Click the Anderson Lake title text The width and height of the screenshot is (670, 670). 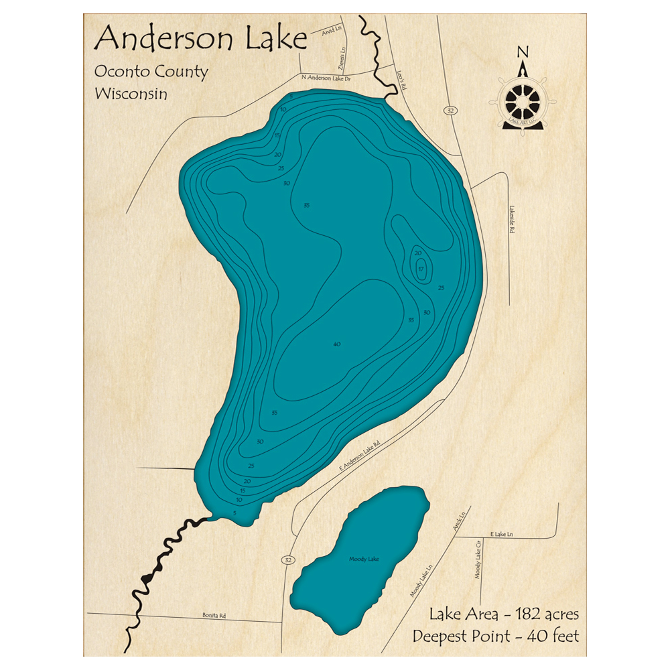pyautogui.click(x=200, y=39)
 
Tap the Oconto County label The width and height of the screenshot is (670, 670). pyautogui.click(x=151, y=72)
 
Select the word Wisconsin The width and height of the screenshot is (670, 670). pyautogui.click(x=131, y=93)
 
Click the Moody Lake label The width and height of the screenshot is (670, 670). pyautogui.click(x=364, y=559)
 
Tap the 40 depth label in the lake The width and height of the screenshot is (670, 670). pyautogui.click(x=336, y=344)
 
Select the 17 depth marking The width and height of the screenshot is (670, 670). pyautogui.click(x=421, y=269)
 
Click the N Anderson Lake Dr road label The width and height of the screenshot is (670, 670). pyautogui.click(x=327, y=78)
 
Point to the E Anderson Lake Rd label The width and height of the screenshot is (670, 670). pyautogui.click(x=360, y=455)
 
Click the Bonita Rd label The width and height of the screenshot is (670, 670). pyautogui.click(x=212, y=615)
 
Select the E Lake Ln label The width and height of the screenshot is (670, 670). pyautogui.click(x=501, y=533)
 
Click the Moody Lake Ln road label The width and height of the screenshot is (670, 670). pyautogui.click(x=421, y=580)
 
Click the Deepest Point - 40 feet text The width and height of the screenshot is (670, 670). pyautogui.click(x=496, y=636)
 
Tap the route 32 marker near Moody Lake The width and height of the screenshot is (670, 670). pyautogui.click(x=288, y=559)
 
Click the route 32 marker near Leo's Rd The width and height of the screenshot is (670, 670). pyautogui.click(x=446, y=109)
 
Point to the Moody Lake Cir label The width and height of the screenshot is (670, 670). pyautogui.click(x=478, y=561)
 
